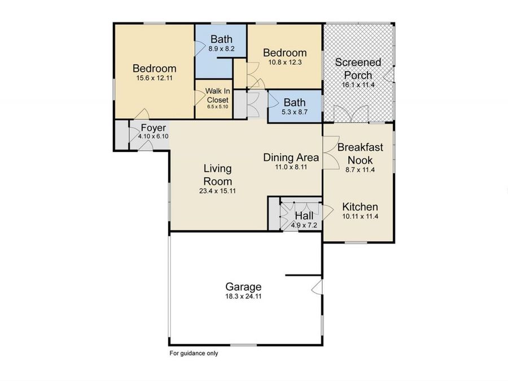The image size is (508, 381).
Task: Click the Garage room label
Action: (x=243, y=286)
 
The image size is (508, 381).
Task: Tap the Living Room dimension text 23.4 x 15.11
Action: (x=217, y=191)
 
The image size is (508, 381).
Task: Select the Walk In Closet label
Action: (x=217, y=95)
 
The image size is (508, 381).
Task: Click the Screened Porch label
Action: (x=358, y=68)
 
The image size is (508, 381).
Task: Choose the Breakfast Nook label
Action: (x=360, y=154)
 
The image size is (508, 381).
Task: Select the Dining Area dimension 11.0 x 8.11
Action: (x=291, y=167)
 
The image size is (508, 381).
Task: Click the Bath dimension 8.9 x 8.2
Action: (x=221, y=49)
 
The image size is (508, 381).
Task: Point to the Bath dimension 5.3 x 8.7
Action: (x=294, y=112)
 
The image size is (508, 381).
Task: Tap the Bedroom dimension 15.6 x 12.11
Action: (x=154, y=78)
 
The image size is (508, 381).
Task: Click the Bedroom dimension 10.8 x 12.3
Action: (x=285, y=63)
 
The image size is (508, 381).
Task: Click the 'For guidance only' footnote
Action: (x=194, y=354)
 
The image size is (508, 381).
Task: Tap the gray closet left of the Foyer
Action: (x=121, y=134)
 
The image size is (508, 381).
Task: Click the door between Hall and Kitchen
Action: (x=327, y=213)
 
